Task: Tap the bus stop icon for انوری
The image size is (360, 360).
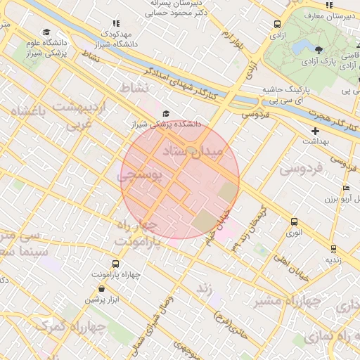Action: (294, 222)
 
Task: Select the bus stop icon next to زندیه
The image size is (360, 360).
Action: (333, 248)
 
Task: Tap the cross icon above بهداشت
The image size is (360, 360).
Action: (315, 131)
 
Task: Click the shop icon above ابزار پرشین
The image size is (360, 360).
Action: (102, 289)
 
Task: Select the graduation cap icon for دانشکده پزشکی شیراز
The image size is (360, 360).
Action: (166, 114)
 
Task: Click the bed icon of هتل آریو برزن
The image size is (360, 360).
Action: (345, 188)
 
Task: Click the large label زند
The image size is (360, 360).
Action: (204, 287)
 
